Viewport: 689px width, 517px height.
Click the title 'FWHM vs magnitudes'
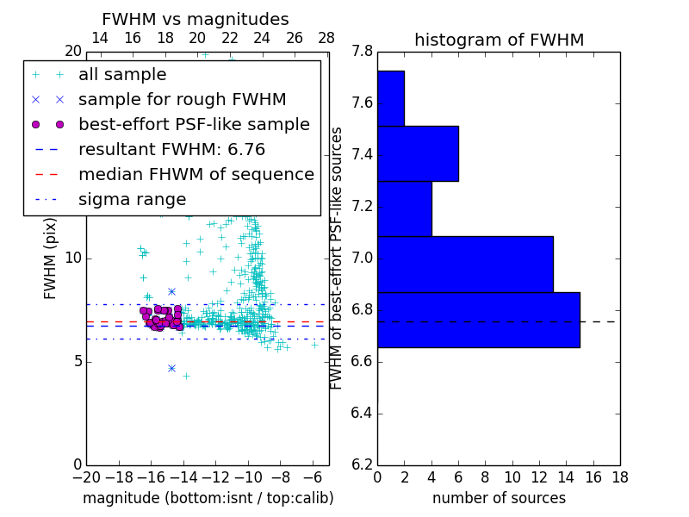[x=196, y=20]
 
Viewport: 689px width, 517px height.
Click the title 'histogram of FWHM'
[x=499, y=40]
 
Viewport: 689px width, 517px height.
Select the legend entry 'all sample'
[x=122, y=75]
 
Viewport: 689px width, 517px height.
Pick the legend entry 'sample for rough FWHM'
[x=182, y=100]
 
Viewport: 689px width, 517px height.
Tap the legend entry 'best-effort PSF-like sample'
[x=194, y=125]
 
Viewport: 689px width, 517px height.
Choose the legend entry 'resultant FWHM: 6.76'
[x=171, y=150]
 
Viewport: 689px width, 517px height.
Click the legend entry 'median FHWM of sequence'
[x=196, y=175]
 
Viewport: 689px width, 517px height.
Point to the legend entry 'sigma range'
[x=132, y=200]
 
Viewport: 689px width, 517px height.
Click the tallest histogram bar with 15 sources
[x=478, y=320]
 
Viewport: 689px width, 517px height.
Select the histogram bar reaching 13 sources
[x=465, y=265]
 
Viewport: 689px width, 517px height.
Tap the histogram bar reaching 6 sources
[x=418, y=153]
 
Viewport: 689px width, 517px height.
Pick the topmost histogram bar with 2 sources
[x=391, y=98]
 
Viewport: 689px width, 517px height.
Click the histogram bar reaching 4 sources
[x=405, y=209]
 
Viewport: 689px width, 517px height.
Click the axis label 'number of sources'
[x=499, y=498]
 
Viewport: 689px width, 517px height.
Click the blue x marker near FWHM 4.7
[x=171, y=368]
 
